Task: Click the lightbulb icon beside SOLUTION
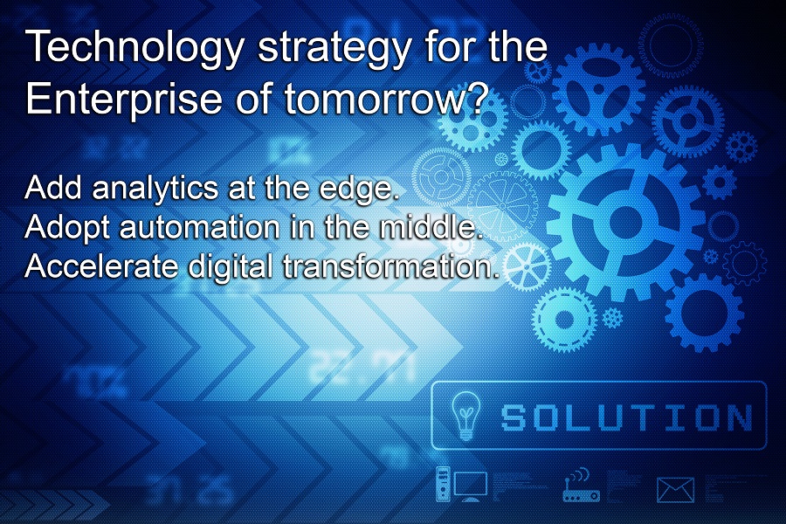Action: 463,415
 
